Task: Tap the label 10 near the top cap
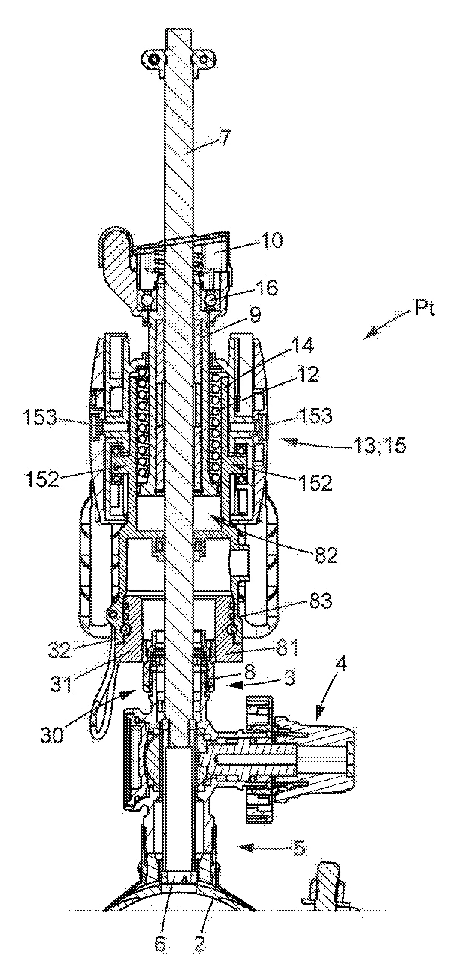pos(268,242)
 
